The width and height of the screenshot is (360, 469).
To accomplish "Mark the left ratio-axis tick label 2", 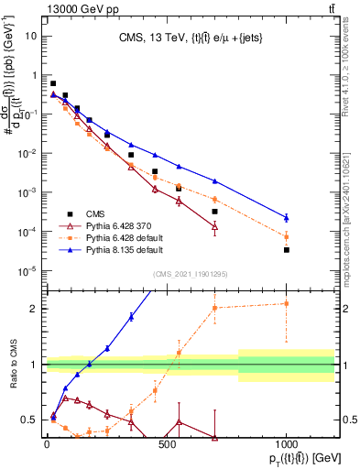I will click(x=35, y=309).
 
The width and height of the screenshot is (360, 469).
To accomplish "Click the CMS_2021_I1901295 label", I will click(x=191, y=273).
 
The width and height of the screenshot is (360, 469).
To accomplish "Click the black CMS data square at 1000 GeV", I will click(x=287, y=249).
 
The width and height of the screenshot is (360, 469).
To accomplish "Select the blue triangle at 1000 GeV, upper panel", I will click(x=287, y=218).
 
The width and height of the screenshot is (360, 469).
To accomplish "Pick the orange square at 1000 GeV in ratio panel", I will click(x=287, y=303).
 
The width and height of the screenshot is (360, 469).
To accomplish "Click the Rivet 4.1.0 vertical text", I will click(x=341, y=92).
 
